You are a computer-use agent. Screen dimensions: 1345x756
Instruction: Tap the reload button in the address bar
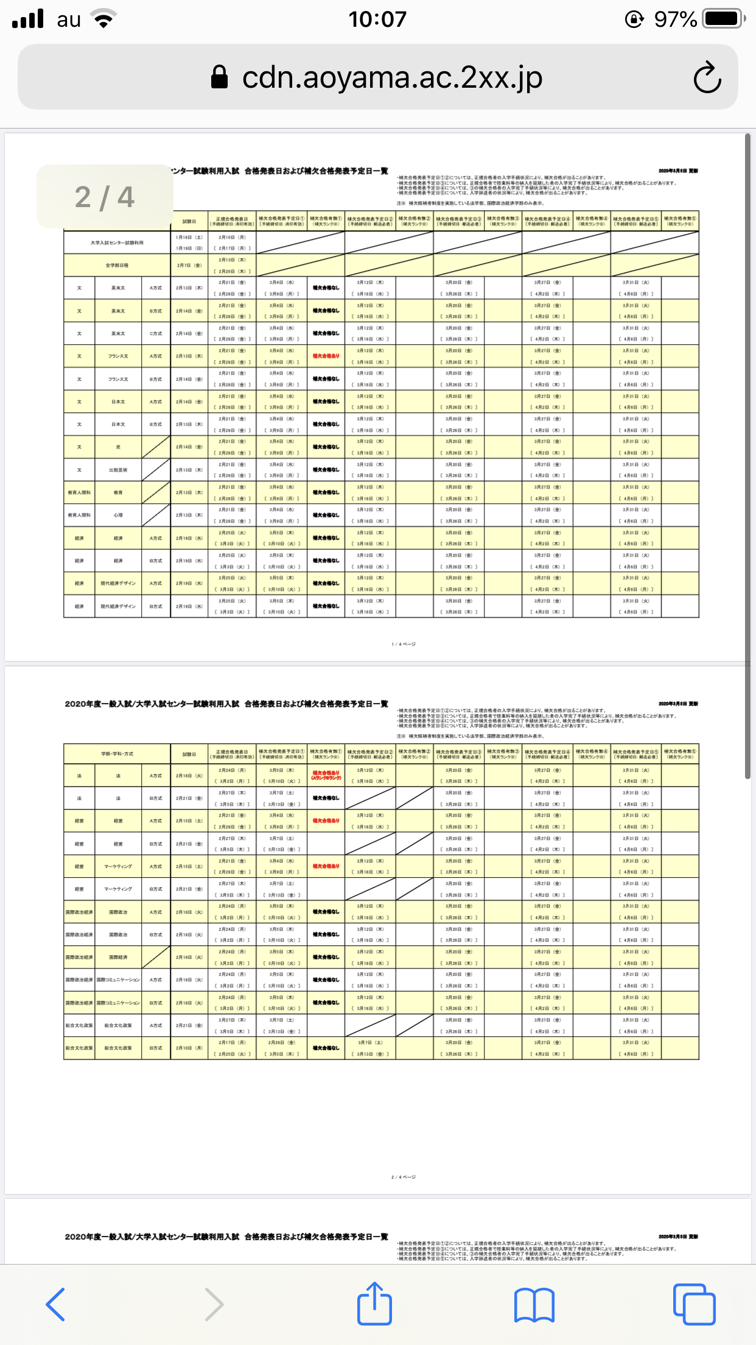(707, 77)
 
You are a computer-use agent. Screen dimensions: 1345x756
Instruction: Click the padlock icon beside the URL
(219, 77)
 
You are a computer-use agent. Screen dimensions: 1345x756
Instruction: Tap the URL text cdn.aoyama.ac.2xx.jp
(392, 77)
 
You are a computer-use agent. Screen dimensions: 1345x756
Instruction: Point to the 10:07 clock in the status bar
(377, 19)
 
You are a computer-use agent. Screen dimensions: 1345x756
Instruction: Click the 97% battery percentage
(675, 19)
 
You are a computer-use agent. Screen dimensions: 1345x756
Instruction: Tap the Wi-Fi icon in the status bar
(104, 19)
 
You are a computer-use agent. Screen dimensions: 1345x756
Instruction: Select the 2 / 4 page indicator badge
(105, 197)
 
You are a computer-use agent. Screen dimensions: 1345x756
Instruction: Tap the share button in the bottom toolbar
(374, 1304)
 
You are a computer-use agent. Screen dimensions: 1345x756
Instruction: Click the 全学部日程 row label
(117, 266)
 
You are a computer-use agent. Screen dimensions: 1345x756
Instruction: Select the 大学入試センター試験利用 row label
(117, 242)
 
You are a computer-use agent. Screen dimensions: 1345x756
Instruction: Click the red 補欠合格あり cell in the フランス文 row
(326, 356)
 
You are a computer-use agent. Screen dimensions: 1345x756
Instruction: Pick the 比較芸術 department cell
(118, 470)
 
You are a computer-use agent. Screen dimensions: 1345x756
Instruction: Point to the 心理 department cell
(118, 515)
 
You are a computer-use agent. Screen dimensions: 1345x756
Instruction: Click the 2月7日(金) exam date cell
(189, 266)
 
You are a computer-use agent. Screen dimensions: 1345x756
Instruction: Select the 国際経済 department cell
(118, 958)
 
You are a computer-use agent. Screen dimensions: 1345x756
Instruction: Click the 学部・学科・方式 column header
(117, 754)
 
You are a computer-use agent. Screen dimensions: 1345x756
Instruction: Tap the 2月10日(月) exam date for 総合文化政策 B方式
(189, 1048)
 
